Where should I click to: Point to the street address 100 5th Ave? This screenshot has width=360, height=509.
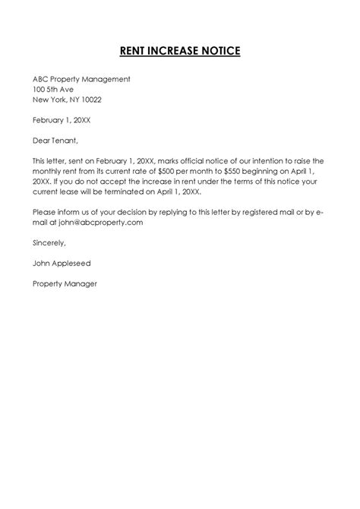point(52,89)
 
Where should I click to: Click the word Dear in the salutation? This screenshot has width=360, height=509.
point(41,141)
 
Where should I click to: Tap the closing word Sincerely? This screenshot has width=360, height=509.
point(49,244)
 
